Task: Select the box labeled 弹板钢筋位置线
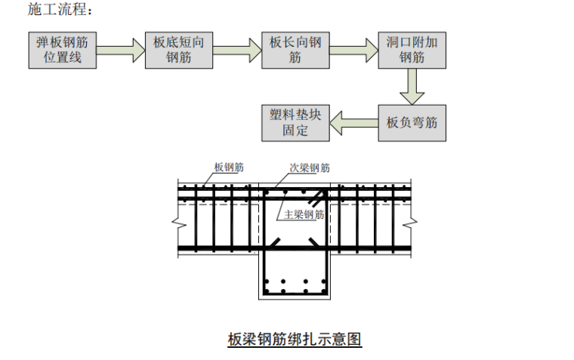click(63, 50)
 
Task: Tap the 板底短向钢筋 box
click(179, 50)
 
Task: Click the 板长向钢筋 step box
click(295, 50)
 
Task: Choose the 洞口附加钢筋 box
click(412, 50)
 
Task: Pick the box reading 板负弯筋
click(412, 122)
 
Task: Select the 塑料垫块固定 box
click(295, 122)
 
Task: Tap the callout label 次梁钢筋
click(310, 168)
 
